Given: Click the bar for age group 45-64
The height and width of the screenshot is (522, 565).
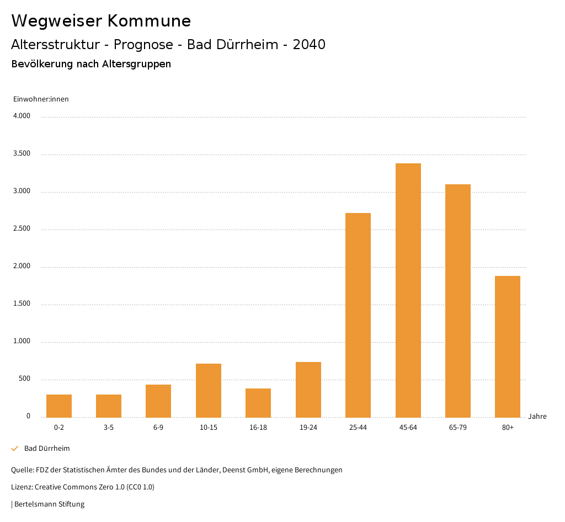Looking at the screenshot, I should click(x=408, y=290).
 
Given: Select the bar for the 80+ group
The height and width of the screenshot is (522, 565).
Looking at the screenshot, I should click(x=508, y=346).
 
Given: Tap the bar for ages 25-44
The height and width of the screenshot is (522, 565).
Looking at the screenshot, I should click(x=358, y=315).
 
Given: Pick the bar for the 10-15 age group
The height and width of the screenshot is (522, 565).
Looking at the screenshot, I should click(x=209, y=390).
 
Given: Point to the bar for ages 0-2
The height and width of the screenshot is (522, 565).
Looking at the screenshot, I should click(x=59, y=406).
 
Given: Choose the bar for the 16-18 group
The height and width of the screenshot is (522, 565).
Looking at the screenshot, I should click(x=258, y=402).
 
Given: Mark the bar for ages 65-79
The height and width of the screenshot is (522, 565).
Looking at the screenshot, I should click(x=458, y=300).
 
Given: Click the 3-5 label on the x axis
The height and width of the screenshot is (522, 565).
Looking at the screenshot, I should click(x=109, y=428).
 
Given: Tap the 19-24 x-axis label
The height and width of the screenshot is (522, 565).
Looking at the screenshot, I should click(x=308, y=428).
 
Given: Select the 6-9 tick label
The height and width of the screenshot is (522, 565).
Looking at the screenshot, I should click(x=158, y=428).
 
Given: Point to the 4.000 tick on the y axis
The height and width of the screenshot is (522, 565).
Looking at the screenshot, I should click(x=22, y=116).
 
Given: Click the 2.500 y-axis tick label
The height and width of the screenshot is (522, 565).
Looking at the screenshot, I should click(x=22, y=229).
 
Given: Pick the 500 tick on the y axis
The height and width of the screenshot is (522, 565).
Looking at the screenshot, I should click(x=24, y=379).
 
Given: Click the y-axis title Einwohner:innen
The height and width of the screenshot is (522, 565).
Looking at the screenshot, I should click(x=41, y=99).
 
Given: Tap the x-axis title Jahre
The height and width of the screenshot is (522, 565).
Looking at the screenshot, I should click(x=537, y=417).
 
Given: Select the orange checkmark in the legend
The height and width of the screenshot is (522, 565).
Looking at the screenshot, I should click(x=15, y=449).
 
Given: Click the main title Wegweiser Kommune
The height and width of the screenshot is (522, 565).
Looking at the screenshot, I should click(x=101, y=21).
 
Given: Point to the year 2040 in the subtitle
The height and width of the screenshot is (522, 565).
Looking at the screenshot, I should click(x=309, y=45).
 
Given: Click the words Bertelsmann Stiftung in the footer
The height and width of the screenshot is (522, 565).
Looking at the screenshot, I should click(x=49, y=504).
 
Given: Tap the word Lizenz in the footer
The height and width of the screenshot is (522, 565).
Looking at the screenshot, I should click(x=22, y=487).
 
